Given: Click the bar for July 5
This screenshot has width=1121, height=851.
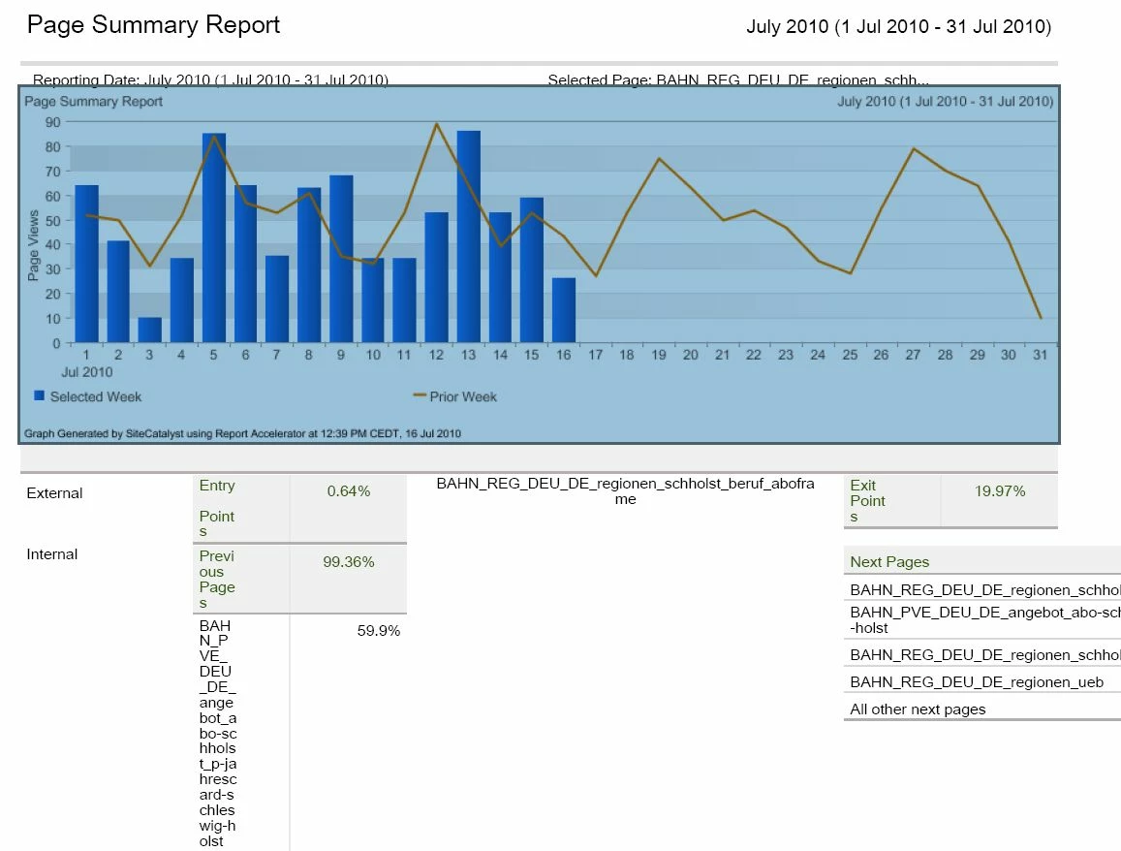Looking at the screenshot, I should tap(214, 237).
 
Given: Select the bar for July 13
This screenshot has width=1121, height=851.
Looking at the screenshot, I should tap(469, 236).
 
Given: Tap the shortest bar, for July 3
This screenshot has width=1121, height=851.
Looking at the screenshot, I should tap(150, 330).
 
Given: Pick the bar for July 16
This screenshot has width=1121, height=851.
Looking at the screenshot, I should tap(563, 310).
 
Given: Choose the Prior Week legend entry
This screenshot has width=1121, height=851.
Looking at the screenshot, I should tap(454, 396).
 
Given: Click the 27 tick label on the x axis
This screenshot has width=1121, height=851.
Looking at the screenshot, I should tap(913, 355).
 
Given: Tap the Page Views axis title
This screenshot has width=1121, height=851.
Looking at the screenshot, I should tap(34, 245).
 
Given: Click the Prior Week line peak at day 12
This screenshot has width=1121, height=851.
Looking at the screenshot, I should tap(437, 124).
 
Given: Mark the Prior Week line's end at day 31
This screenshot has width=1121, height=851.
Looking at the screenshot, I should tap(1041, 318).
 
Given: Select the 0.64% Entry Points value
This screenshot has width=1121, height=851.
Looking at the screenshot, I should tap(349, 491).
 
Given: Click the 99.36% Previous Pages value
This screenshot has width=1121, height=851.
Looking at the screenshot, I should tap(349, 562).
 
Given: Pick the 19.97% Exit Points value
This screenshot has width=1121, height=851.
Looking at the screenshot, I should tap(1000, 491).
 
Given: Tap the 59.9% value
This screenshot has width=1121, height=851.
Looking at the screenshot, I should tap(379, 631).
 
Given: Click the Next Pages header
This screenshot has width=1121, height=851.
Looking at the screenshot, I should tap(889, 562).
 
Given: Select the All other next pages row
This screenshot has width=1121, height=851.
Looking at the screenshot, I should tap(918, 709).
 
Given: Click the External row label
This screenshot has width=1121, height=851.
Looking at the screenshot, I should tap(54, 493).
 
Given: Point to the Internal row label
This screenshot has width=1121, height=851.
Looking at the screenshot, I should tap(52, 554).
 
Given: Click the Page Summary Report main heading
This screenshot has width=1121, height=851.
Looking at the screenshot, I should tap(153, 25).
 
